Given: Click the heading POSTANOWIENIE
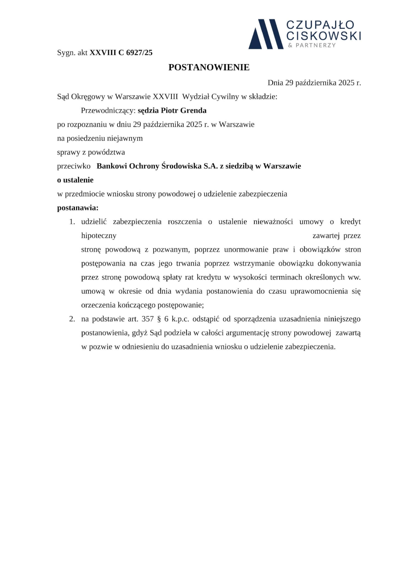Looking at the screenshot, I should pyautogui.click(x=209, y=67).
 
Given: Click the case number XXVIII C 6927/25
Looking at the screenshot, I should pyautogui.click(x=121, y=53).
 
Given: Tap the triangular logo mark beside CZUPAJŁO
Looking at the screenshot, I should pyautogui.click(x=266, y=34).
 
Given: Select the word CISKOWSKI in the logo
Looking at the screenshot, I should pyautogui.click(x=324, y=35).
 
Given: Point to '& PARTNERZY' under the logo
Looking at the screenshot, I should pyautogui.click(x=312, y=45).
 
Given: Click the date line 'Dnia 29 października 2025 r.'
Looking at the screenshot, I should pyautogui.click(x=314, y=83).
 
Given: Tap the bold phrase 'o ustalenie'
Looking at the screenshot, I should pyautogui.click(x=75, y=180).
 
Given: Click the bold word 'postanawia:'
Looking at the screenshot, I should pyautogui.click(x=78, y=208).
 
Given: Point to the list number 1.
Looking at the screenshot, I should pyautogui.click(x=72, y=222).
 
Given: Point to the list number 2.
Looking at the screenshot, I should pyautogui.click(x=72, y=319).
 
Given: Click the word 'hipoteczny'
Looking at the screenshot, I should pyautogui.click(x=99, y=236).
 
